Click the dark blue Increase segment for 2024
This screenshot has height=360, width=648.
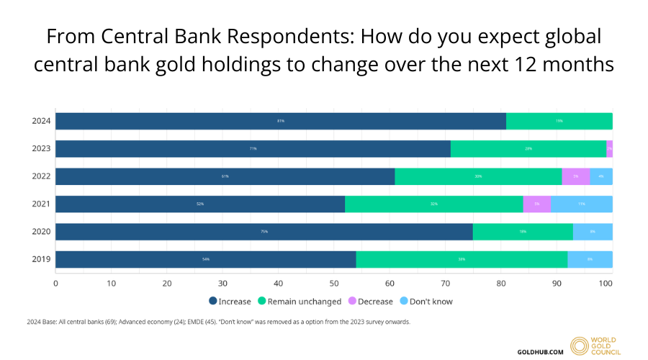click(281, 121)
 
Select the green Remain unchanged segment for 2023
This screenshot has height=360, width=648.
click(528, 149)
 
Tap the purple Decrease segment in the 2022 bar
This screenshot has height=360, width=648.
click(576, 176)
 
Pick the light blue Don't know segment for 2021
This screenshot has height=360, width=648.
click(582, 204)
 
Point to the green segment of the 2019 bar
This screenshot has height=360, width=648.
click(462, 259)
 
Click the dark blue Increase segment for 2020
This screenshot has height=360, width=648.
click(264, 232)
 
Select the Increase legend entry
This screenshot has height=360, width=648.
click(230, 301)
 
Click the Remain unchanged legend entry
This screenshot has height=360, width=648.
click(295, 301)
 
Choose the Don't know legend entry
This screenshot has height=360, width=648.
click(429, 301)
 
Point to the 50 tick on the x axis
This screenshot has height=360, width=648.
click(333, 283)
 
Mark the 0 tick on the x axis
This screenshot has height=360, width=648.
click(56, 283)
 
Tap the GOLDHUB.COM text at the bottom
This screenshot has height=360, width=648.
click(541, 351)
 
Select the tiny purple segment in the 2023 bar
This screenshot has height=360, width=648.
click(609, 149)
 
